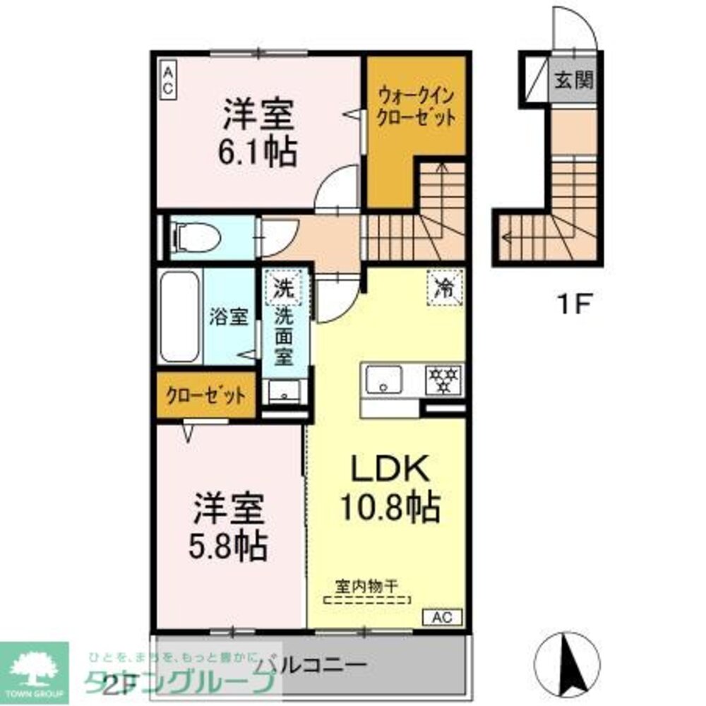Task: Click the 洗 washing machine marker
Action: point(282,287)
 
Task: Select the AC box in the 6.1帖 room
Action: point(169,80)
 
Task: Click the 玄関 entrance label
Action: point(573,80)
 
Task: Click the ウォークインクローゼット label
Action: point(415,105)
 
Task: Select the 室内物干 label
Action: point(367,585)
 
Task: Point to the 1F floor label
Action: point(573,306)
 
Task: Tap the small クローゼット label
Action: point(205,396)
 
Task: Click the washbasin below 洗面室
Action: point(284,393)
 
